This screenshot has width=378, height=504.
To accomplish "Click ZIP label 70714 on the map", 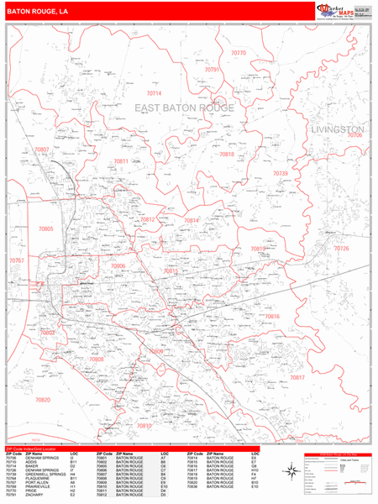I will pos(154,93).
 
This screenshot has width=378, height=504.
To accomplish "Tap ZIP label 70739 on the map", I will pos(280,173).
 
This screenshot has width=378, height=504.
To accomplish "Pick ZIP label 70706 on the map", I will pos(355,135).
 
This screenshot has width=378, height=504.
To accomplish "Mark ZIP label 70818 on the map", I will pos(227,155).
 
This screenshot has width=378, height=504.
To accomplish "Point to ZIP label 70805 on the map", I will pos(45,228).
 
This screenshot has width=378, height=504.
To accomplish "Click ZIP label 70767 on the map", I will pos(17,261).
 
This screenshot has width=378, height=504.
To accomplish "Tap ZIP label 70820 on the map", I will pos(43,399).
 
